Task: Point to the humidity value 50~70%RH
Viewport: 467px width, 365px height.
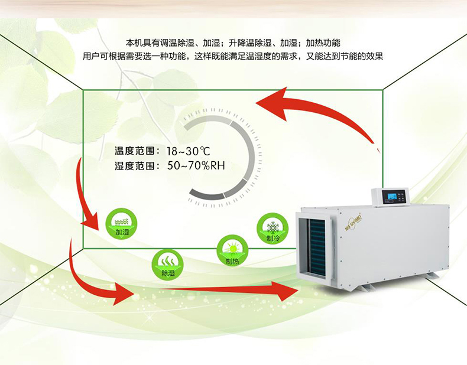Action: [x=196, y=166]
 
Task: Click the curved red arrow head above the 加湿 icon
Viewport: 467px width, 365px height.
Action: [x=92, y=221]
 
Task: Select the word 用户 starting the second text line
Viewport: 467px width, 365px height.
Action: [x=90, y=57]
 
